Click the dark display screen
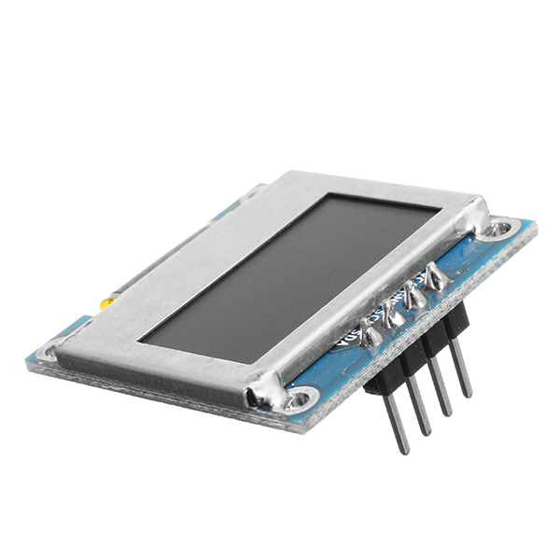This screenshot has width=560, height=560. [289, 275]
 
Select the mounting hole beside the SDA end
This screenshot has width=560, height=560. [297, 400]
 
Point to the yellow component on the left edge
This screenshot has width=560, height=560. [109, 301]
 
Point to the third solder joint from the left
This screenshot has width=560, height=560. [413, 297]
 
